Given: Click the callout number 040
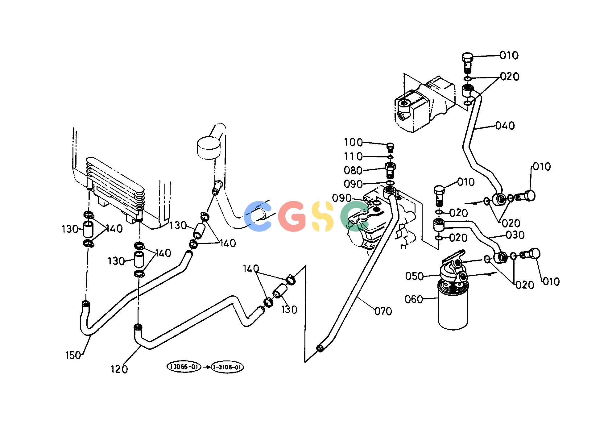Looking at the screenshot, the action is (x=505, y=126).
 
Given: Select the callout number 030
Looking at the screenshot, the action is (x=515, y=235).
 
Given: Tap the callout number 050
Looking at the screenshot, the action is (x=415, y=276).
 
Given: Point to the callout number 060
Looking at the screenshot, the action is (x=414, y=299).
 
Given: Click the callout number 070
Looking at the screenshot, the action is (x=383, y=311).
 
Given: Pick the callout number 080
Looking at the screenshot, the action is (x=353, y=170).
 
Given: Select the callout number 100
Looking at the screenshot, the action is (x=354, y=142).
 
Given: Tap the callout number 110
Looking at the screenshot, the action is (x=354, y=156).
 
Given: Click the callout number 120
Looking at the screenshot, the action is (x=119, y=369).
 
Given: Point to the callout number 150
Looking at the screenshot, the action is (x=73, y=355).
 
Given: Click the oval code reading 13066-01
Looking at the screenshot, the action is (x=184, y=367).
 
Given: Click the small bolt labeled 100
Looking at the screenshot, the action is (x=391, y=147).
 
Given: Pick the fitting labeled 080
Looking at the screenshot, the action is (x=391, y=171).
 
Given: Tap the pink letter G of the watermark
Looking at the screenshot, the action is (x=292, y=216).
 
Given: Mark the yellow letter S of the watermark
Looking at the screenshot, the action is (x=323, y=216).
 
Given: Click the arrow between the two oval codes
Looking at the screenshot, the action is (x=206, y=367).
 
